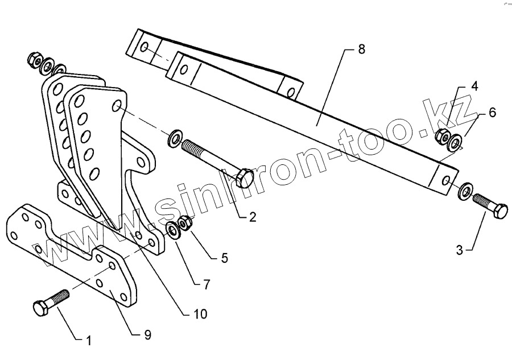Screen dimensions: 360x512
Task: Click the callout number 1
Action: click(x=88, y=341)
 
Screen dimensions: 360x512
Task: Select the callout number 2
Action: click(x=253, y=217)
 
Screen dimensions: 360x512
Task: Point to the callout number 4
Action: click(x=474, y=87)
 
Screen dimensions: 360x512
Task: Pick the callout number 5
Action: click(x=224, y=258)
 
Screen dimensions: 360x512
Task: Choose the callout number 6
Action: click(x=492, y=113)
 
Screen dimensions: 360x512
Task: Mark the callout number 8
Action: click(x=361, y=50)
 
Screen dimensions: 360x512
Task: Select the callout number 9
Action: click(x=147, y=335)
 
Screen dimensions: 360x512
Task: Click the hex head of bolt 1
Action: click(x=40, y=309)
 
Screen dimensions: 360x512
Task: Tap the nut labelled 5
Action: click(x=184, y=222)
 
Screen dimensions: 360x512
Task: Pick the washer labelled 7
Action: click(x=172, y=230)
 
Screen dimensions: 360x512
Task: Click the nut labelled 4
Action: click(x=440, y=136)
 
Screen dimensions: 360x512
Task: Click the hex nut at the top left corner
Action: click(x=32, y=59)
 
